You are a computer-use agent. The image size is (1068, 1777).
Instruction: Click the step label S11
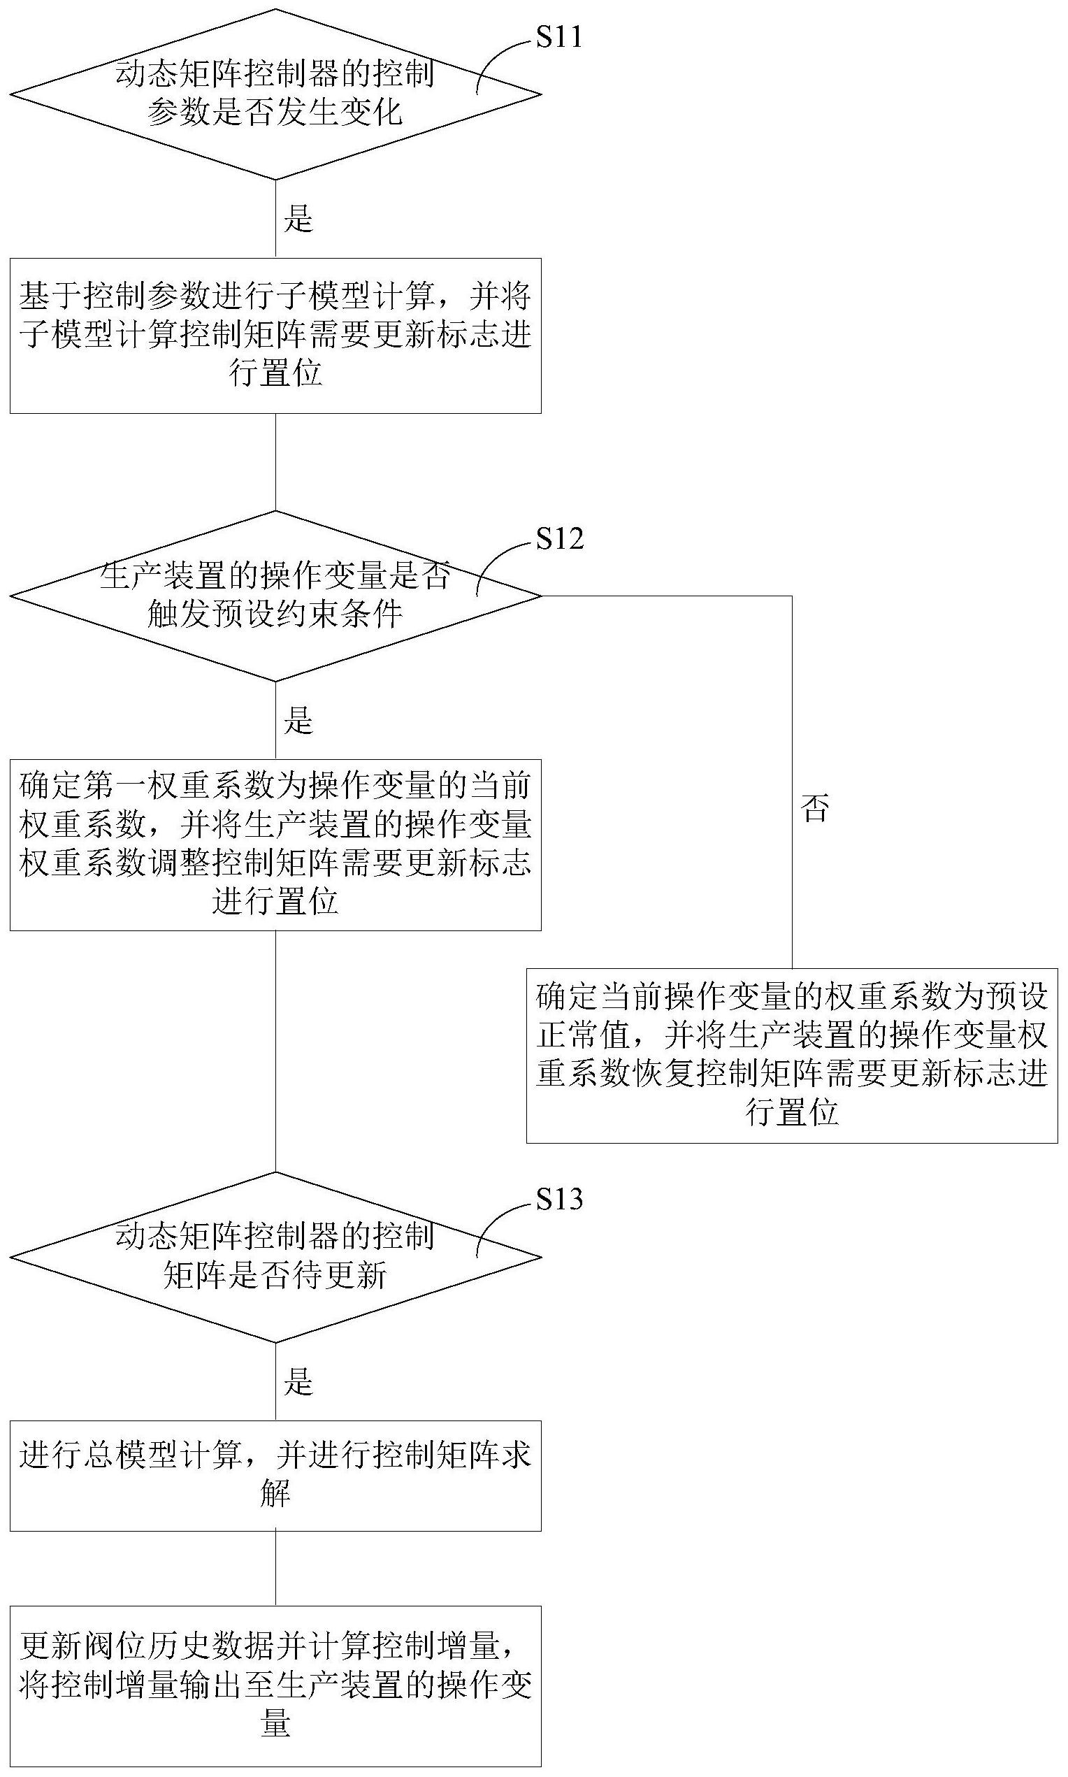(x=559, y=37)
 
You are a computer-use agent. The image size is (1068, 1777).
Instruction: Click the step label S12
(x=560, y=538)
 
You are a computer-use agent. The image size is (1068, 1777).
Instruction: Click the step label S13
(x=559, y=1199)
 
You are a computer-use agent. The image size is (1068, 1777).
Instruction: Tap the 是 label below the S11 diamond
(x=298, y=219)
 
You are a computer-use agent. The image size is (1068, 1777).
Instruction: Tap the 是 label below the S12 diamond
(x=298, y=721)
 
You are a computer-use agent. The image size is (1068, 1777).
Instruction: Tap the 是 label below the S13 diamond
(x=298, y=1382)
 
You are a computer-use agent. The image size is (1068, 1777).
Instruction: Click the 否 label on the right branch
(x=816, y=807)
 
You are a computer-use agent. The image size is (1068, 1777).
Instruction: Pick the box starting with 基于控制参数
(x=275, y=336)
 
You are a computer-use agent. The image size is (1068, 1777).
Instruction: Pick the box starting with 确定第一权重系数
(x=275, y=844)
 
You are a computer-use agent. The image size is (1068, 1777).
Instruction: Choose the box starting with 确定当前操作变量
(x=792, y=1056)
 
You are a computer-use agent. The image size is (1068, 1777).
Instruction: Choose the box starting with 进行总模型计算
(x=275, y=1476)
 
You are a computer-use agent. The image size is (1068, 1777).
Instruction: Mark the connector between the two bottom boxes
(x=275, y=1568)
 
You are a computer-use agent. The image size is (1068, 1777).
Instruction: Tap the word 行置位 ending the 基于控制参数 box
(x=275, y=373)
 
